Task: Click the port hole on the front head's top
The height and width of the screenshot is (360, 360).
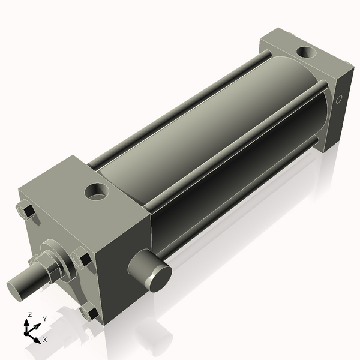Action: coord(97,192)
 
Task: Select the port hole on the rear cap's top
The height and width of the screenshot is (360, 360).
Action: coord(307,53)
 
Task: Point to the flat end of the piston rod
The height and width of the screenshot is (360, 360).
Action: coord(16,287)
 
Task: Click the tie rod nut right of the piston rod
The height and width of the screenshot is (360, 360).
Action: coord(83,259)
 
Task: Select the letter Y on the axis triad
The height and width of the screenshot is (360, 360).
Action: coord(44,319)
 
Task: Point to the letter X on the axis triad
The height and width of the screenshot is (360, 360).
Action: coord(45,340)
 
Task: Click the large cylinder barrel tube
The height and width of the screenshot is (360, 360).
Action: coord(210,132)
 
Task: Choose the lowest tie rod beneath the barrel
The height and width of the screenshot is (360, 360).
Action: coord(240,192)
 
